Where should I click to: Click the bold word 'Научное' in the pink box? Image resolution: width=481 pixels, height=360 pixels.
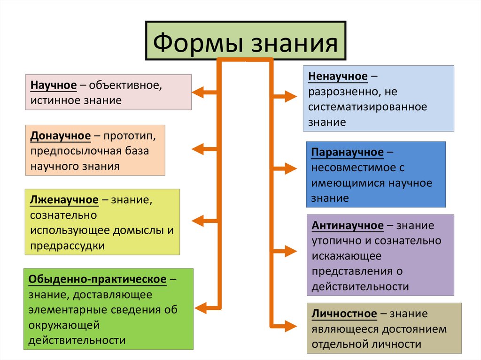[54, 86]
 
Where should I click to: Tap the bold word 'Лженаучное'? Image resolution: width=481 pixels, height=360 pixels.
[64, 200]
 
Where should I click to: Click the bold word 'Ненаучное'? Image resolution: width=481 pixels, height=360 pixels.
[338, 77]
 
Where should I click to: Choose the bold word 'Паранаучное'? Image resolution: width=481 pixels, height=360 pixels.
[347, 153]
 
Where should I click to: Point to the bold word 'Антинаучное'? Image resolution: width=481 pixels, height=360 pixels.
[348, 226]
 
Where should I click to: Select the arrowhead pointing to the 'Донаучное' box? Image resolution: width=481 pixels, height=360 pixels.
[197, 149]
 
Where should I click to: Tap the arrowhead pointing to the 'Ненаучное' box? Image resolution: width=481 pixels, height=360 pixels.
[292, 97]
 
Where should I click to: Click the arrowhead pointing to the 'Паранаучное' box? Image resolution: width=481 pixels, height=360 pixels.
[292, 168]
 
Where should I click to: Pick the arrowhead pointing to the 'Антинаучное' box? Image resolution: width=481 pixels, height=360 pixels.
[292, 252]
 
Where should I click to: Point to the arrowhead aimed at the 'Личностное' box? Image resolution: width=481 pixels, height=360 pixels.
[292, 325]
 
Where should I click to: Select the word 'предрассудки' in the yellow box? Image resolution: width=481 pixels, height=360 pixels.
[68, 245]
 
